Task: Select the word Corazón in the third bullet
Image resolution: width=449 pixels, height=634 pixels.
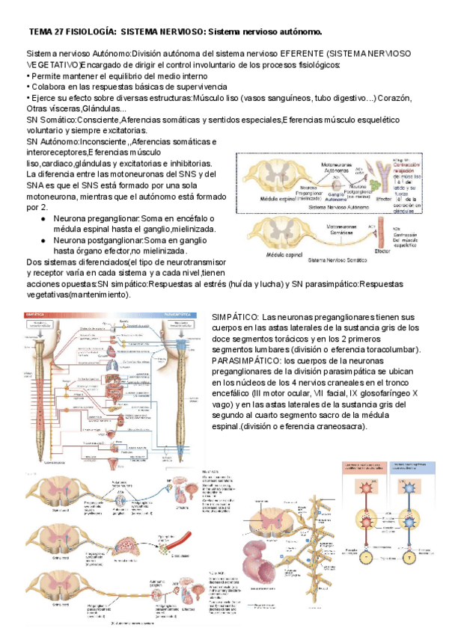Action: (401, 97)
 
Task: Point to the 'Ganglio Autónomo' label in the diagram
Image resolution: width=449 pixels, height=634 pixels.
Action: (336, 197)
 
